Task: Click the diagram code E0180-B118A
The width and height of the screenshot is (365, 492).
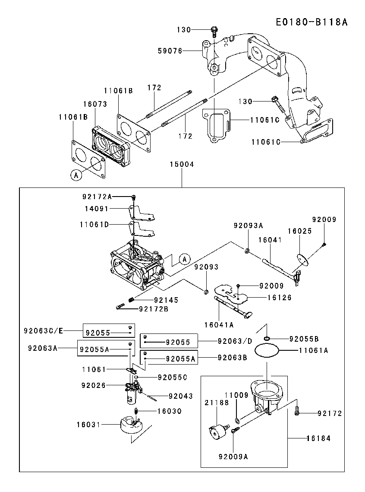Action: click(312, 22)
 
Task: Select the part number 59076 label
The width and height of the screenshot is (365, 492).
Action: click(170, 51)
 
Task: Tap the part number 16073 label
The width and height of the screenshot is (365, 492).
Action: click(95, 104)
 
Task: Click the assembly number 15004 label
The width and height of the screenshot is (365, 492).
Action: click(182, 164)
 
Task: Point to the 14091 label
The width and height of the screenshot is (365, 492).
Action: click(97, 209)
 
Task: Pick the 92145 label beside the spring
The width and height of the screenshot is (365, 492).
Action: click(166, 300)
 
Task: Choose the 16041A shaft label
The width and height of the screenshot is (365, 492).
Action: click(219, 325)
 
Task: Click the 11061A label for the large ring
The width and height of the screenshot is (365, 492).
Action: click(314, 350)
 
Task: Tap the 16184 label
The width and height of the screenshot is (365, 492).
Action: click(319, 438)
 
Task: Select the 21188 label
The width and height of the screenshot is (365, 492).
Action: click(217, 403)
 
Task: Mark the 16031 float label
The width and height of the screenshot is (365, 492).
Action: click(89, 425)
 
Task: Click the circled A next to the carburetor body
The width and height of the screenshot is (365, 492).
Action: click(185, 259)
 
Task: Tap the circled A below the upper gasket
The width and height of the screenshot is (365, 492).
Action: click(76, 175)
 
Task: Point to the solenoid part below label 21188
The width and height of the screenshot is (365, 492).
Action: click(218, 432)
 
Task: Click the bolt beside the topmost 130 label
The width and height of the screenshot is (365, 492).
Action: click(214, 32)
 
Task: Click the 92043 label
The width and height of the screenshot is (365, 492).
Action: click(181, 396)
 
